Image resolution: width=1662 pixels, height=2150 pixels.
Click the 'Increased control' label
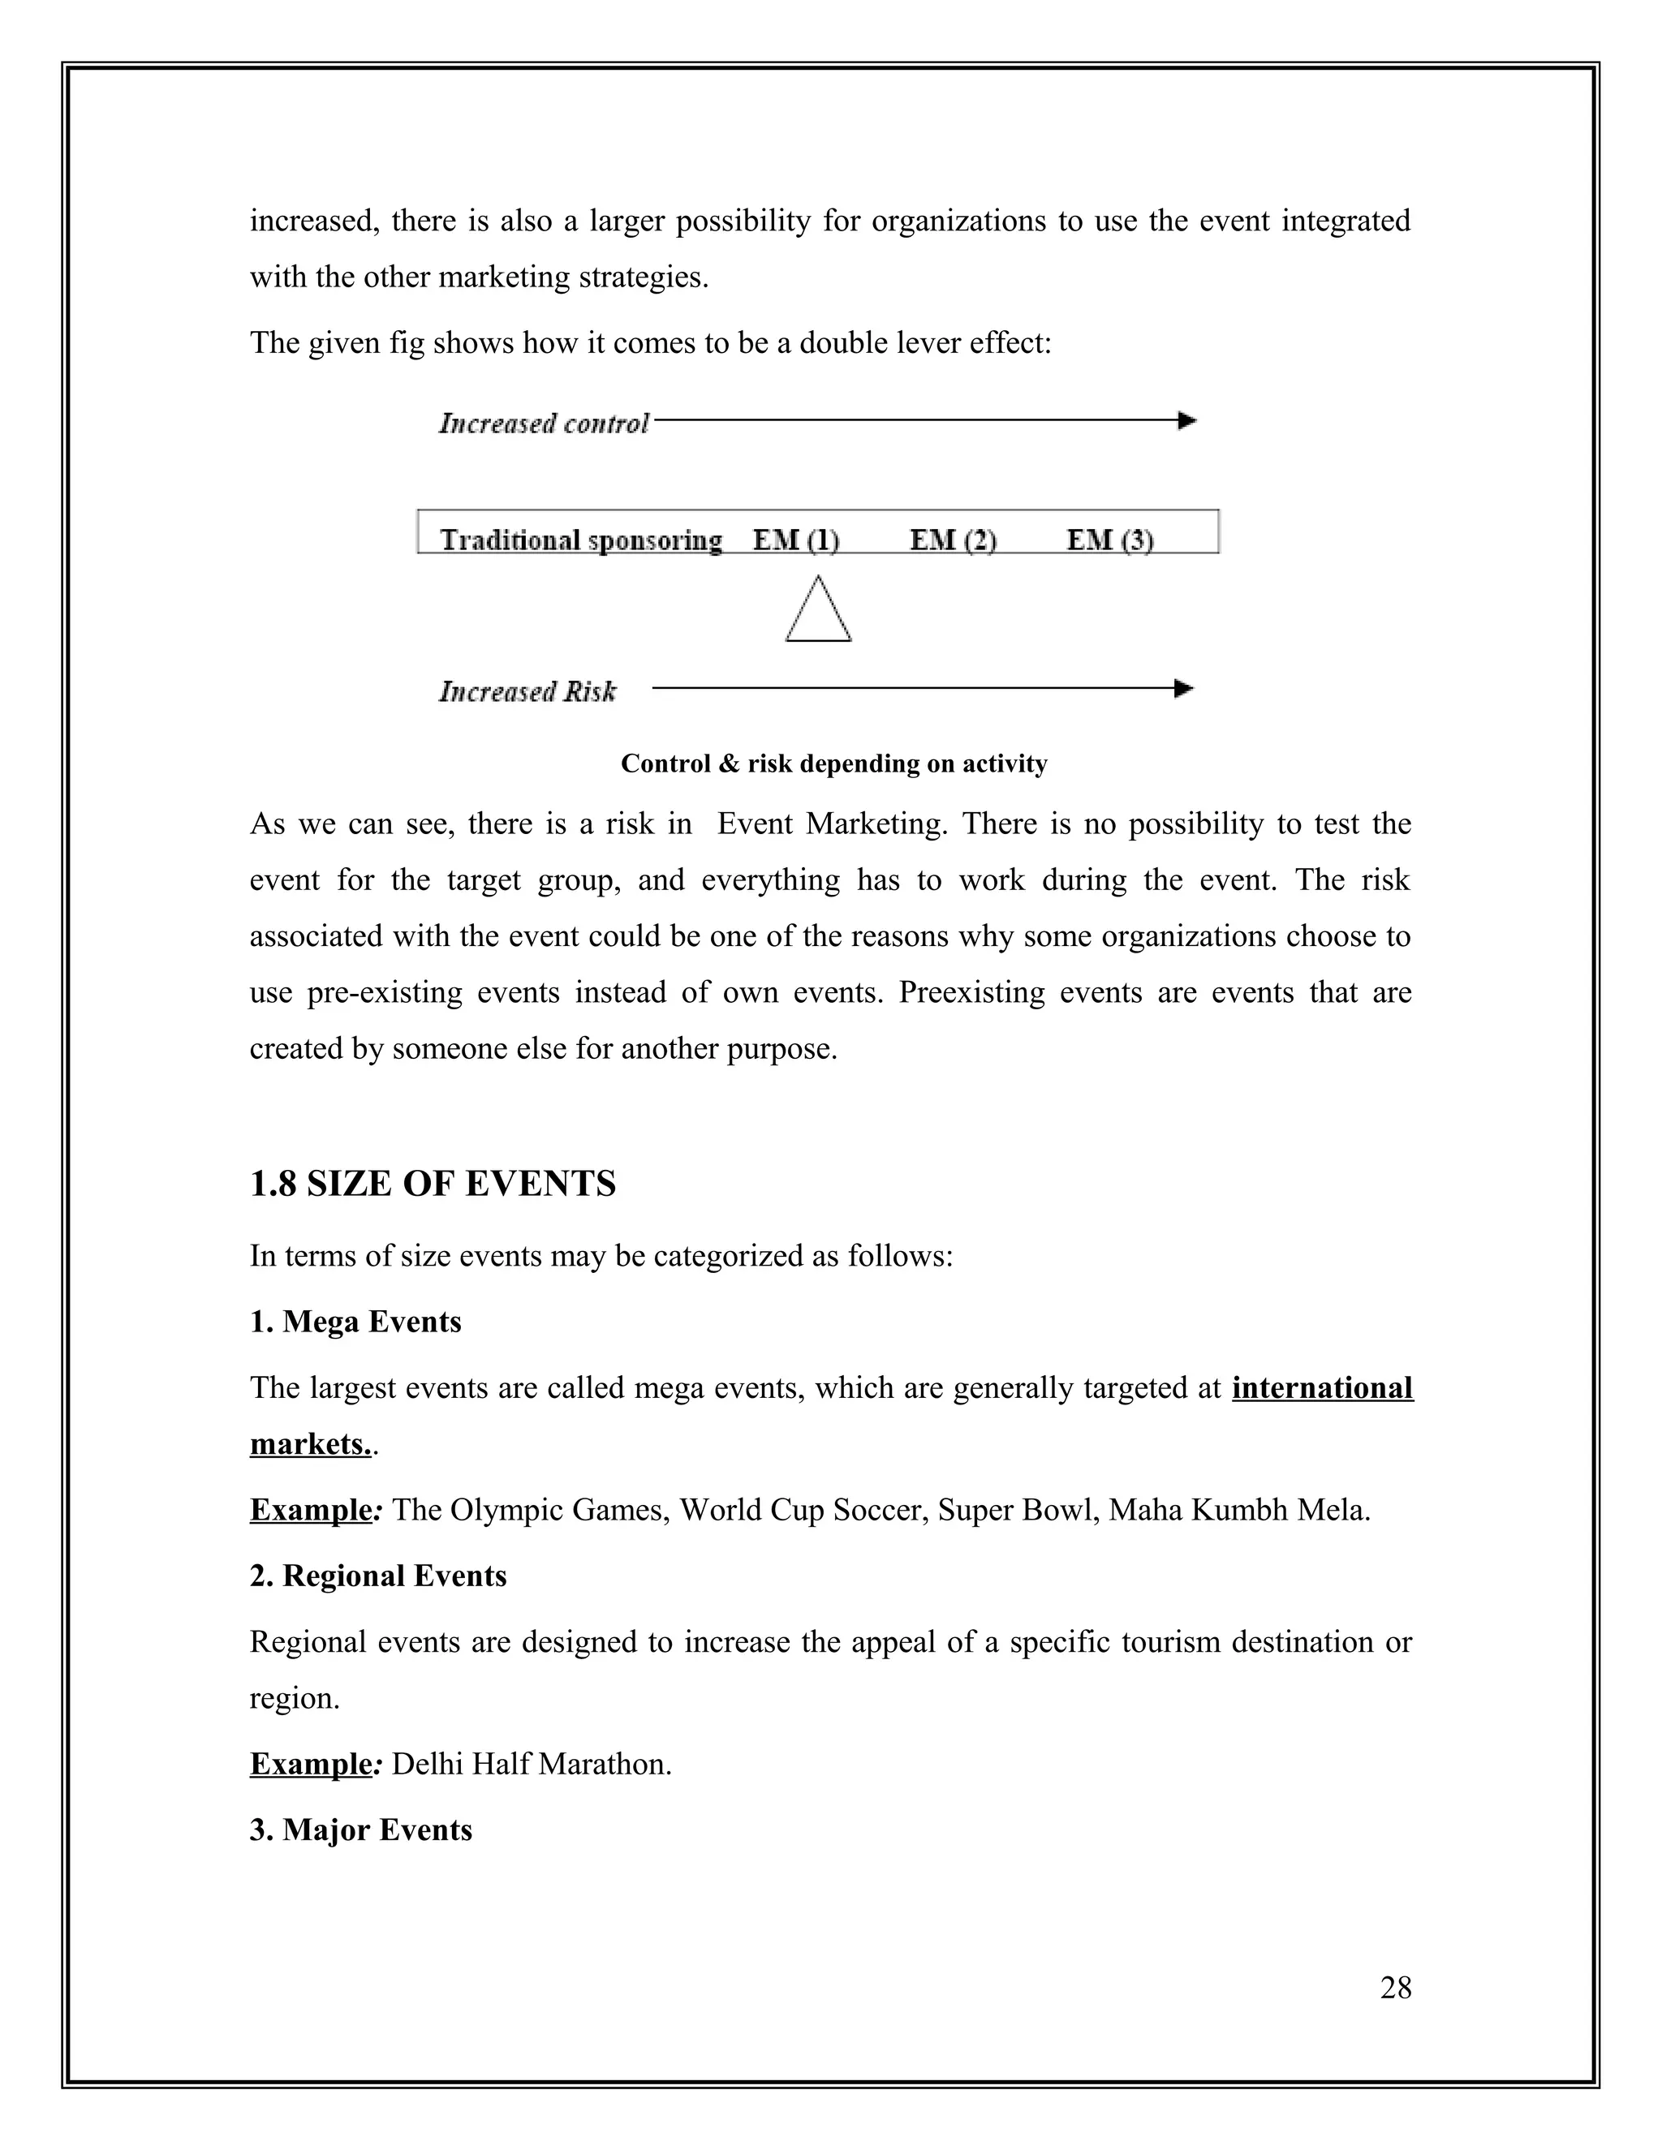pos(544,424)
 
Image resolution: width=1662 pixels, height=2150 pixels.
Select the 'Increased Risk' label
pos(527,692)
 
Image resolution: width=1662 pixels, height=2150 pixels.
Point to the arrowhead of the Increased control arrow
pos(1187,420)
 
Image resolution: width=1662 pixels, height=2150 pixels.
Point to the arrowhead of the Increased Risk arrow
pos(1185,688)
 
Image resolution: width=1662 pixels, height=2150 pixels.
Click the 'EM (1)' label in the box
pos(795,540)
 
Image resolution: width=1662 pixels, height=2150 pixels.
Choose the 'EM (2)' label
pos(952,540)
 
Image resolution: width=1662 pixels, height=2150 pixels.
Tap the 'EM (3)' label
pos(1109,540)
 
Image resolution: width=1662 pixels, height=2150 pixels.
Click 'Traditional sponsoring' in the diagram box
pos(581,540)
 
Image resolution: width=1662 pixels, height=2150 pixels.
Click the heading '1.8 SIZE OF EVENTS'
pos(433,1182)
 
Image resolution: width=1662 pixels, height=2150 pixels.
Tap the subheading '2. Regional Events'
pos(378,1575)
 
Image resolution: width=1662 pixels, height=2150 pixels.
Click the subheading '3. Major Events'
pos(360,1829)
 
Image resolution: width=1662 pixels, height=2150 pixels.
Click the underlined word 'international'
pos(1321,1387)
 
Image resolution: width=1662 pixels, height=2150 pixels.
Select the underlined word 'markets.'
pos(310,1443)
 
